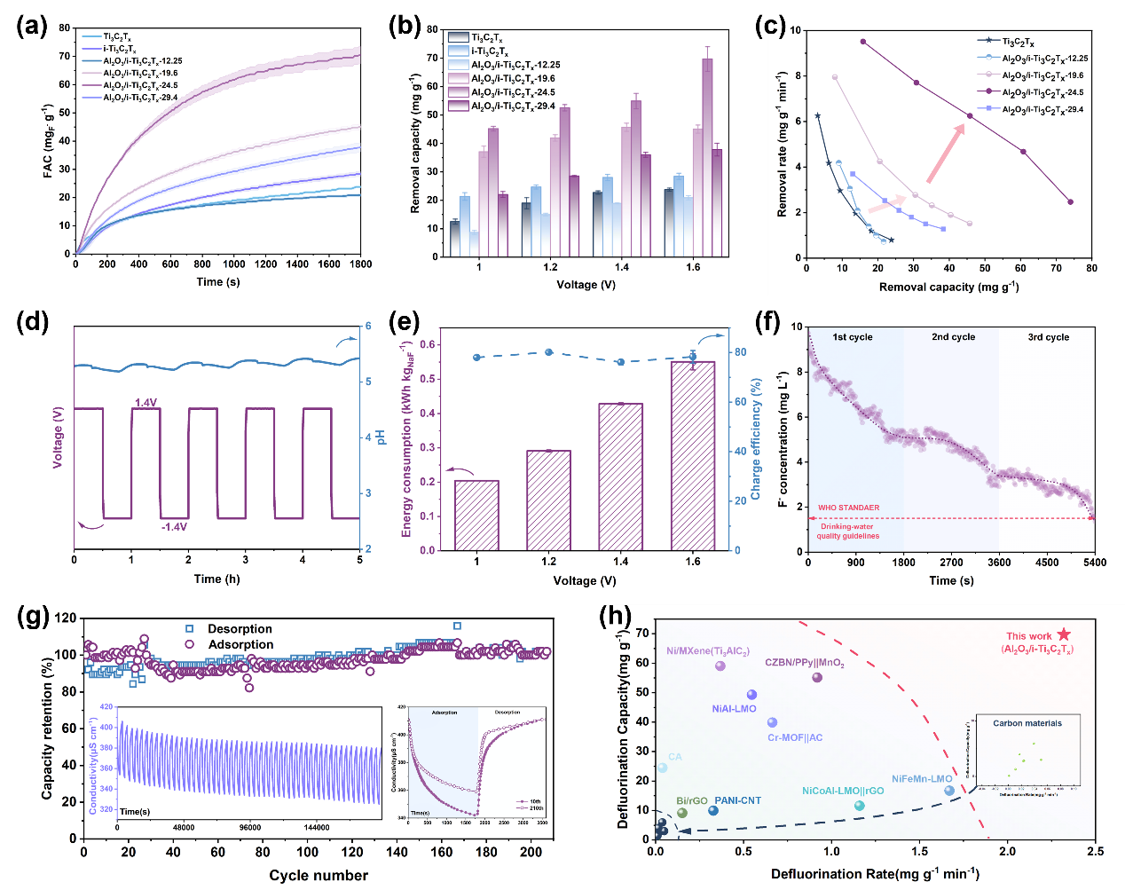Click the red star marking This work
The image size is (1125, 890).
pos(1064,634)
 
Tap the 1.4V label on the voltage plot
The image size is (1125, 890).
pos(146,403)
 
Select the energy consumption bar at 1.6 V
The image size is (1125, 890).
pos(693,456)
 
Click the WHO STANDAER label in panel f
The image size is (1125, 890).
pos(848,508)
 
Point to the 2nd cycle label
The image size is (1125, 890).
pos(953,337)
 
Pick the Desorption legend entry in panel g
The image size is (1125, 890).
pos(240,628)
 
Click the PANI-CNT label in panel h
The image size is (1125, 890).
pos(737,800)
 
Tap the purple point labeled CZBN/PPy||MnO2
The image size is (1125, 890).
pos(817,678)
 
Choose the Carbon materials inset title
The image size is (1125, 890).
pos(1027,723)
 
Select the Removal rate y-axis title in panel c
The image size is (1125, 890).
pos(783,145)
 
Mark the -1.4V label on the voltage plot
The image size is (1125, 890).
pos(174,527)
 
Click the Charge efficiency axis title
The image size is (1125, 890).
pos(756,439)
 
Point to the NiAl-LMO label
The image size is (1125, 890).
pos(734,709)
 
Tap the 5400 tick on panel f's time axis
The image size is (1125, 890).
pos(1095,562)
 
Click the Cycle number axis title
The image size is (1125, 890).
pos(319,875)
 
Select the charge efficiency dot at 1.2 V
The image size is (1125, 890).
pos(548,352)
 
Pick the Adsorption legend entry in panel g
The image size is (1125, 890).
pos(240,644)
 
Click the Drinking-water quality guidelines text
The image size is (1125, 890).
pos(847,531)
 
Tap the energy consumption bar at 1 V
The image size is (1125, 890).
pos(476,515)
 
